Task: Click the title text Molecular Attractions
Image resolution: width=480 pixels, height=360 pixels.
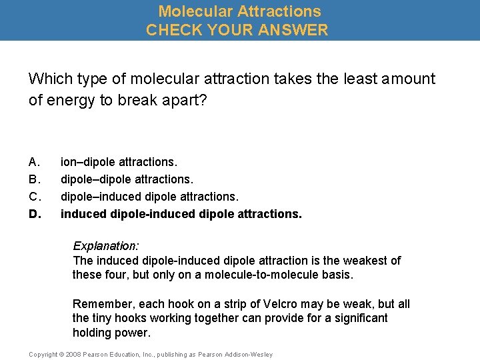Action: (x=239, y=11)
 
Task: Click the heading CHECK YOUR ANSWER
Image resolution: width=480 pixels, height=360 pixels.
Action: (x=237, y=30)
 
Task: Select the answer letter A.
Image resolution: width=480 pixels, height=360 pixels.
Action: (x=35, y=162)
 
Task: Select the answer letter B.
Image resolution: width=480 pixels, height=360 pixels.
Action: (x=35, y=179)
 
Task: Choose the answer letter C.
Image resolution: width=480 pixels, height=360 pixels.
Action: (x=35, y=197)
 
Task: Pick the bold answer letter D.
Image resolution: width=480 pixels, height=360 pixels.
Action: (x=35, y=214)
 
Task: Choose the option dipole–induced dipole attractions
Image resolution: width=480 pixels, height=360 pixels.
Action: (x=149, y=197)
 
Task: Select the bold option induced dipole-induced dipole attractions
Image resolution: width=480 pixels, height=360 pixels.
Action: (x=181, y=214)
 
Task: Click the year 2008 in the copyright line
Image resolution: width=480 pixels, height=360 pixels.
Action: (x=72, y=355)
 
